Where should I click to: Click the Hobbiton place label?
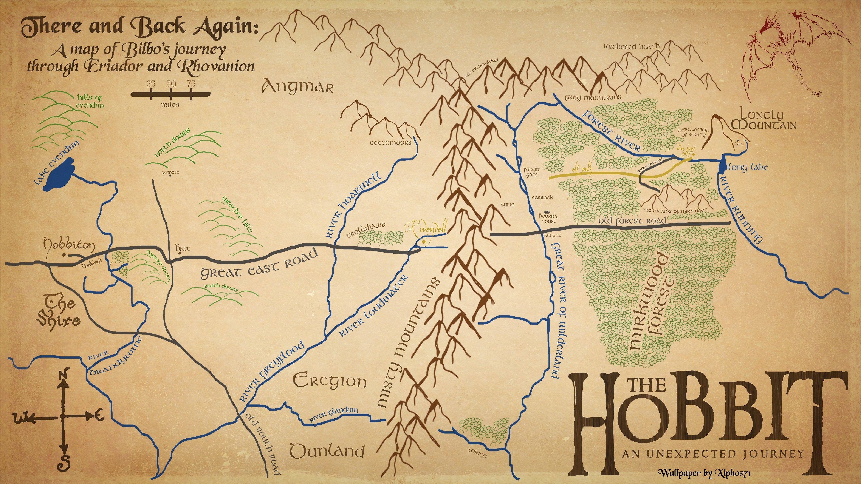69,245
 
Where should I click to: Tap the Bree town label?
183,248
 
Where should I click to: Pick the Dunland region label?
327,451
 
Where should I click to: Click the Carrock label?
542,197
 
